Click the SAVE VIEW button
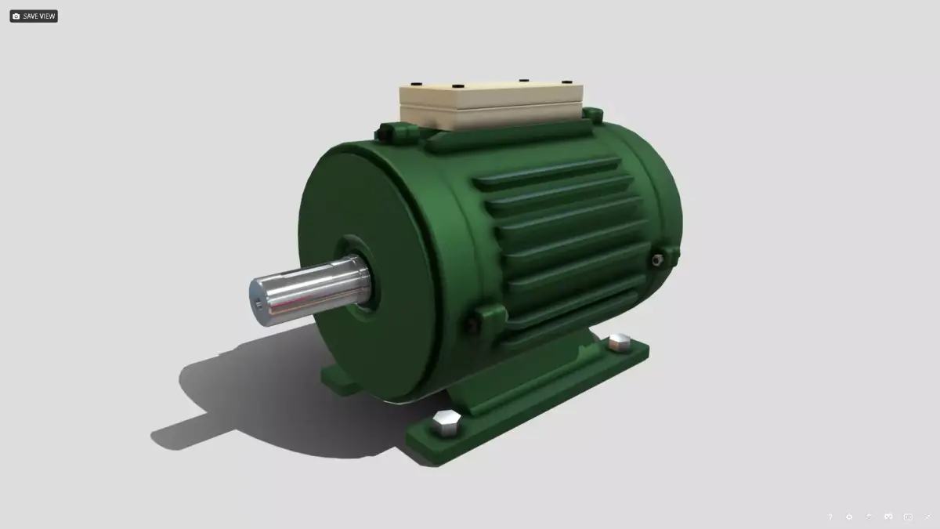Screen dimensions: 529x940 coord(38,16)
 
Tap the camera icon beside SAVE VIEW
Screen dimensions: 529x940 coord(16,16)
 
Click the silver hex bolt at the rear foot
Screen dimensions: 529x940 coord(620,342)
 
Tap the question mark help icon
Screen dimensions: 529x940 coord(830,516)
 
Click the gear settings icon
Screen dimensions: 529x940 coord(849,516)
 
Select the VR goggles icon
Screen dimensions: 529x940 coord(888,516)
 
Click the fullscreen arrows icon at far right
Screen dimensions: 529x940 coord(927,516)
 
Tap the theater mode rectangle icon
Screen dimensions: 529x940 coord(908,516)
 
